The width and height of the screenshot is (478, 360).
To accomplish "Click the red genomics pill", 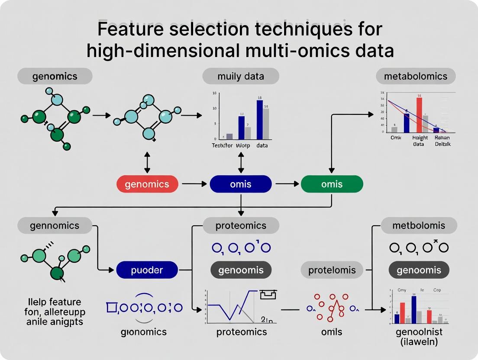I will pos(147,184).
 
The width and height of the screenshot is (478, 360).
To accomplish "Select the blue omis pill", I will pos(241,184).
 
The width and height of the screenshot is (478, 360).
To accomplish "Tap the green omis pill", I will pos(332,184).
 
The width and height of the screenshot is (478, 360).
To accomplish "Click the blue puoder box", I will pos(147,270).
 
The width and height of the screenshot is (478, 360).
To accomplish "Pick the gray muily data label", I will pos(241,77).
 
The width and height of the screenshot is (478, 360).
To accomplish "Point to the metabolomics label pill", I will pos(415,77).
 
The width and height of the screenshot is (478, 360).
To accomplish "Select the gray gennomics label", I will pos(55,225).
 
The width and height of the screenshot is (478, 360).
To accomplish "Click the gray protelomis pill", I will pos(332,270).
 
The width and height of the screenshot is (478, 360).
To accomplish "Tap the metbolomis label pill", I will pos(418,225).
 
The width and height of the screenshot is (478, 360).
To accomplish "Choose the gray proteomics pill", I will pos(241,225).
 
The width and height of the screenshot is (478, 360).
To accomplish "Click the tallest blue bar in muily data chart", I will pos(259,119).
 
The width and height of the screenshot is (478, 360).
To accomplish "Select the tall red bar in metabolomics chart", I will pos(419,114).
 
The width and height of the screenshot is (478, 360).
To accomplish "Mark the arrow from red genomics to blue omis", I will pos(194,184).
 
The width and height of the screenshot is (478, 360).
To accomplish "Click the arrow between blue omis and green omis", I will pos(286,184).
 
